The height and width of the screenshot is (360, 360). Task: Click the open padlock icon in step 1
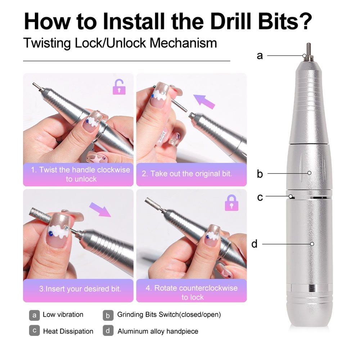(119, 87)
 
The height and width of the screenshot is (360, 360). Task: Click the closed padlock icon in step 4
(231, 203)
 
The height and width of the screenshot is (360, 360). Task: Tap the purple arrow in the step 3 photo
(100, 210)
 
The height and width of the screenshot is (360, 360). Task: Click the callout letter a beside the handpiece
(260, 55)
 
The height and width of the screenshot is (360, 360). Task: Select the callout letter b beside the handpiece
(260, 174)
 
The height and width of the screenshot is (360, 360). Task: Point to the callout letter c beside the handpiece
(260, 197)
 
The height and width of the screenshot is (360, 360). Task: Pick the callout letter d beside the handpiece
(255, 244)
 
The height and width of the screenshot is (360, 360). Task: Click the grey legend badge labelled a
(35, 315)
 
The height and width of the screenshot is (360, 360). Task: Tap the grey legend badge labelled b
(108, 315)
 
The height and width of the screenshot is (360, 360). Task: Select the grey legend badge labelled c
(35, 330)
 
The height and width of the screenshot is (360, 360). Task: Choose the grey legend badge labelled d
(108, 330)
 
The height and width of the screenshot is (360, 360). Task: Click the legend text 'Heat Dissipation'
(68, 331)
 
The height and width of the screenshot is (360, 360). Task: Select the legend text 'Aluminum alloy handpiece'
(158, 331)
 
